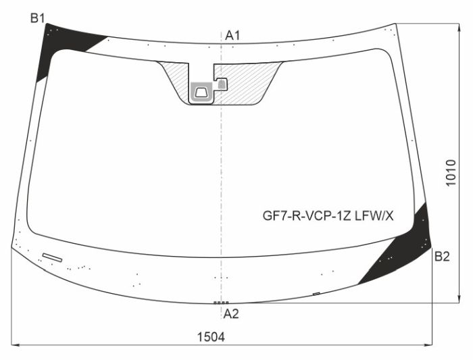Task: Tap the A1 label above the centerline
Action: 233,35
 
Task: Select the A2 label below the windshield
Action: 231,313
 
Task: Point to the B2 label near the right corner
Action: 442,256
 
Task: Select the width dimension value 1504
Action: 211,336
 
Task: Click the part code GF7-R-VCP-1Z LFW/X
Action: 328,216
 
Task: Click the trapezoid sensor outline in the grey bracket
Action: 201,91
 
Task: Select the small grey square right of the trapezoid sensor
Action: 220,84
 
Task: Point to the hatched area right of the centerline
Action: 250,84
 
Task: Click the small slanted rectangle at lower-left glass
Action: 51,257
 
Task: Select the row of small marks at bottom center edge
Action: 221,303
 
